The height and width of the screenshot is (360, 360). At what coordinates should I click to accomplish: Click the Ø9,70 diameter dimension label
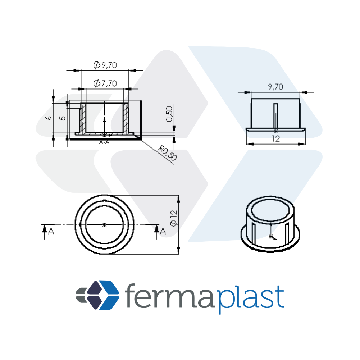tap(105, 65)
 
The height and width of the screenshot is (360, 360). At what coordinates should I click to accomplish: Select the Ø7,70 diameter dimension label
tap(105, 83)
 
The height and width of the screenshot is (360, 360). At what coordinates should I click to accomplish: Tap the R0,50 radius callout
tap(168, 153)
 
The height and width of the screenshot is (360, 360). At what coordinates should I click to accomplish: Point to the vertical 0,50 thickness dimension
tap(169, 114)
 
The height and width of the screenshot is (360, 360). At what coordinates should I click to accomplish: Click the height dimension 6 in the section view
tap(49, 118)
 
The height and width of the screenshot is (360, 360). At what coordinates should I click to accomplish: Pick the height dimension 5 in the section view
tap(62, 118)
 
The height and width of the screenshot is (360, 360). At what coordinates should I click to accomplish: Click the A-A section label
tap(104, 142)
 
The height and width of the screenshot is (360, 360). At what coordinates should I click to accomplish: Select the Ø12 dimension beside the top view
tap(174, 218)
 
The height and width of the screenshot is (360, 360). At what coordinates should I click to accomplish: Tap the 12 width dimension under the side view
tap(276, 139)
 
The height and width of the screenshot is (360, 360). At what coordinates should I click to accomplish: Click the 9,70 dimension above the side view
tap(275, 87)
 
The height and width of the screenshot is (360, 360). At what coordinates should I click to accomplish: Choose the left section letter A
tap(51, 232)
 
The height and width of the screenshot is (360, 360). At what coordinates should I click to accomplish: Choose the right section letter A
tap(163, 231)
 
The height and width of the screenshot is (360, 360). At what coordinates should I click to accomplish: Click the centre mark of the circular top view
tap(104, 224)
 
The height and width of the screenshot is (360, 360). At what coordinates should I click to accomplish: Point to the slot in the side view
tap(275, 115)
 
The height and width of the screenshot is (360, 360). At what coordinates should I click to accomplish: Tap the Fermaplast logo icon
tap(97, 295)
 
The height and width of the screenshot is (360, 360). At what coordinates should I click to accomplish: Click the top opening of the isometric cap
tap(270, 209)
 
